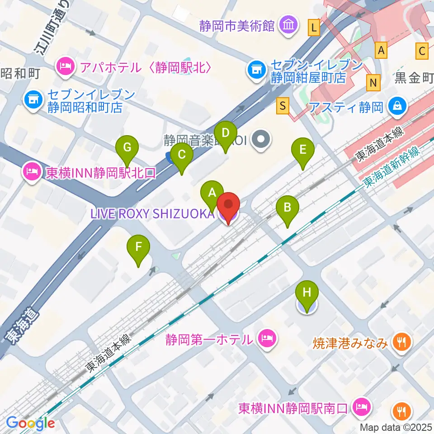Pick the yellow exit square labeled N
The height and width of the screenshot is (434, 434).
click(x=373, y=82)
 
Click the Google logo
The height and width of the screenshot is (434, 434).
click(x=31, y=423)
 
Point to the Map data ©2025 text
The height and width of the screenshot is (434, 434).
click(x=396, y=427)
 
